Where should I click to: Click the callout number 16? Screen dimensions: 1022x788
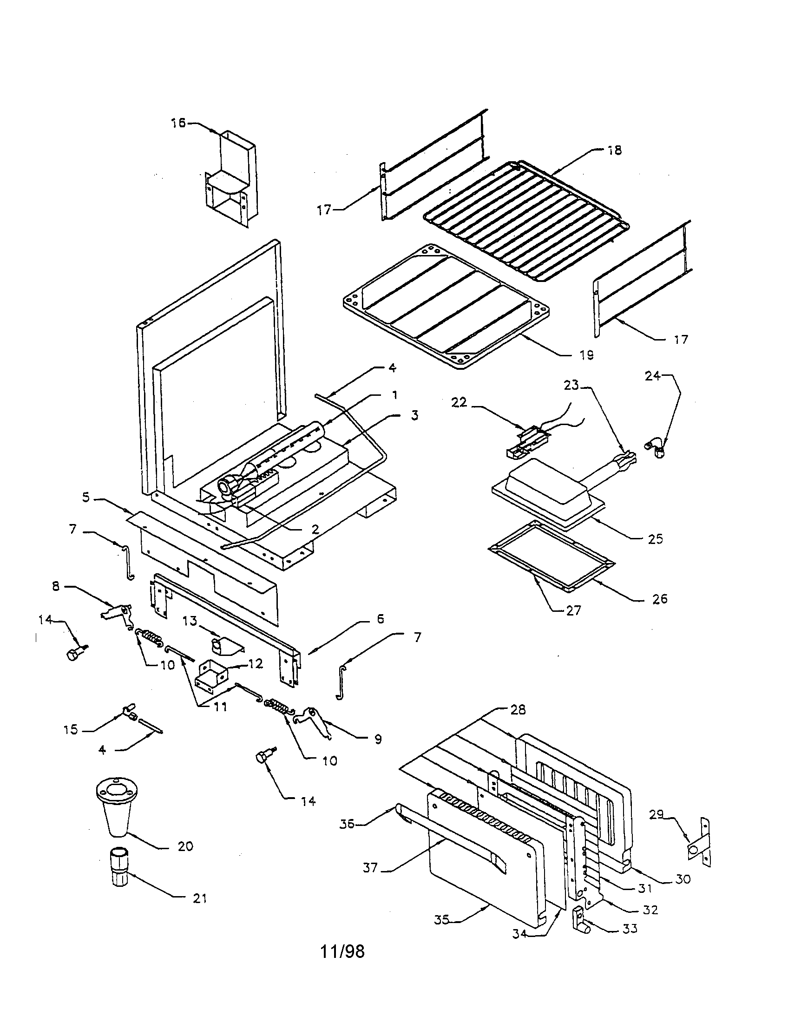tap(178, 123)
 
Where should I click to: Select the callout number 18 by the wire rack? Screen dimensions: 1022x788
tap(614, 150)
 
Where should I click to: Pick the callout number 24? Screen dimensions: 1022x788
tap(653, 376)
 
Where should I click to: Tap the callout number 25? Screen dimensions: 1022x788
tap(656, 538)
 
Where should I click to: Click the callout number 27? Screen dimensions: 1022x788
tap(574, 610)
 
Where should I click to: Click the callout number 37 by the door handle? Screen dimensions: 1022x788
tap(370, 868)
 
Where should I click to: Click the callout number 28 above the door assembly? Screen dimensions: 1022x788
tap(518, 710)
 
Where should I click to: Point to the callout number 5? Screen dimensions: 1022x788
tap(86, 497)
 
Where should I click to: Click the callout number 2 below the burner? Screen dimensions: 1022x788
tap(315, 529)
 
